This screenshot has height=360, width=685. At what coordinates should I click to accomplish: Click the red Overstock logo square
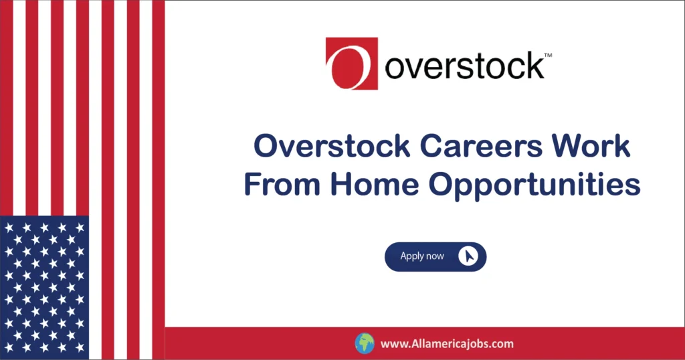352,63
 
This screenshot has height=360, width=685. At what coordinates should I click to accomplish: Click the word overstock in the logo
464,66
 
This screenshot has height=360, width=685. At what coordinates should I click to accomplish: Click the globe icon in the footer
364,343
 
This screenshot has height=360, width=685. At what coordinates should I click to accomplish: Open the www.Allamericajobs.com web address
447,344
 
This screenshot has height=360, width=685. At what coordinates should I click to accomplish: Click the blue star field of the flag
44,288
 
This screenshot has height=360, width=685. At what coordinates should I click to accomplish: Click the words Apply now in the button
422,256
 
